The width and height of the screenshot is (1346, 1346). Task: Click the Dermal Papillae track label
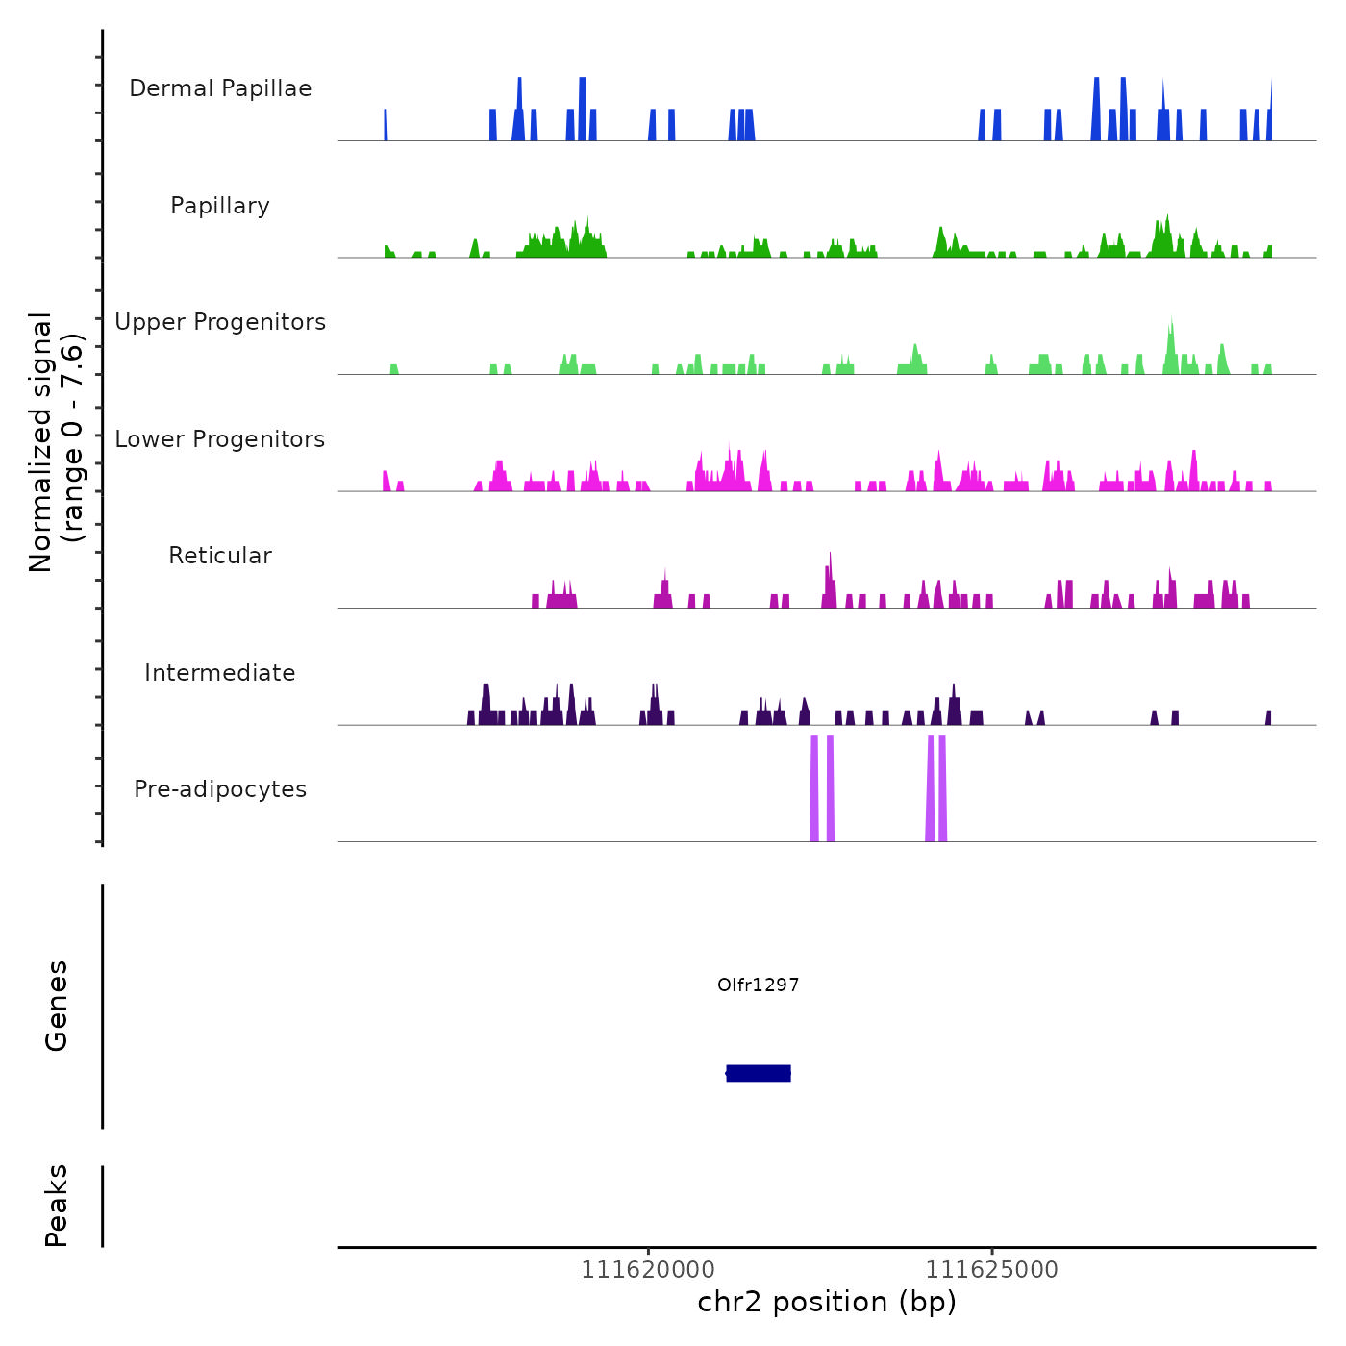pyautogui.click(x=220, y=88)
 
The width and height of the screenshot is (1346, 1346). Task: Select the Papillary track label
pyautogui.click(x=220, y=206)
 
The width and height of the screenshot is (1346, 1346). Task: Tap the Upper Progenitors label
pyautogui.click(x=220, y=322)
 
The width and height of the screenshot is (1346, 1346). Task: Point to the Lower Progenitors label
pyautogui.click(x=220, y=439)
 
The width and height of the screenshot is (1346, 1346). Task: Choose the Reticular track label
pyautogui.click(x=220, y=556)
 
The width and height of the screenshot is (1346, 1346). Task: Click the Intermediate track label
pyautogui.click(x=220, y=673)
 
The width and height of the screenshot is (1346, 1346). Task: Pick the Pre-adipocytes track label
pyautogui.click(x=220, y=789)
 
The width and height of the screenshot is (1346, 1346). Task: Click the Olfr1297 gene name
pyautogui.click(x=759, y=985)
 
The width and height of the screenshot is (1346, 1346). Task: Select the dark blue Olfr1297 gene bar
pyautogui.click(x=759, y=1073)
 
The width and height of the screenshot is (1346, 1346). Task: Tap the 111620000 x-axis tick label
pyautogui.click(x=648, y=1270)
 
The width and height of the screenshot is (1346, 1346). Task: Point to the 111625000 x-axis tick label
pyautogui.click(x=991, y=1270)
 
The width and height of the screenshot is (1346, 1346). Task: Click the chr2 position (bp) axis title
pyautogui.click(x=827, y=1303)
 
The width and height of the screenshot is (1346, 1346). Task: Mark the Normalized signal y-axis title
pyautogui.click(x=56, y=442)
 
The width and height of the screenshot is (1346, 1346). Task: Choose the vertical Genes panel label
pyautogui.click(x=57, y=1006)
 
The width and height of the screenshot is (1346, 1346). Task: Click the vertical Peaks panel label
pyautogui.click(x=57, y=1206)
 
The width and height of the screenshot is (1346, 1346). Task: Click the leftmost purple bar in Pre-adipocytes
pyautogui.click(x=814, y=788)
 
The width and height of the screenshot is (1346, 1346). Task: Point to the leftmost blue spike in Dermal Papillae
pyautogui.click(x=386, y=125)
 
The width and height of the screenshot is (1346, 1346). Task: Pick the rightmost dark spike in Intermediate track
pyautogui.click(x=1269, y=718)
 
